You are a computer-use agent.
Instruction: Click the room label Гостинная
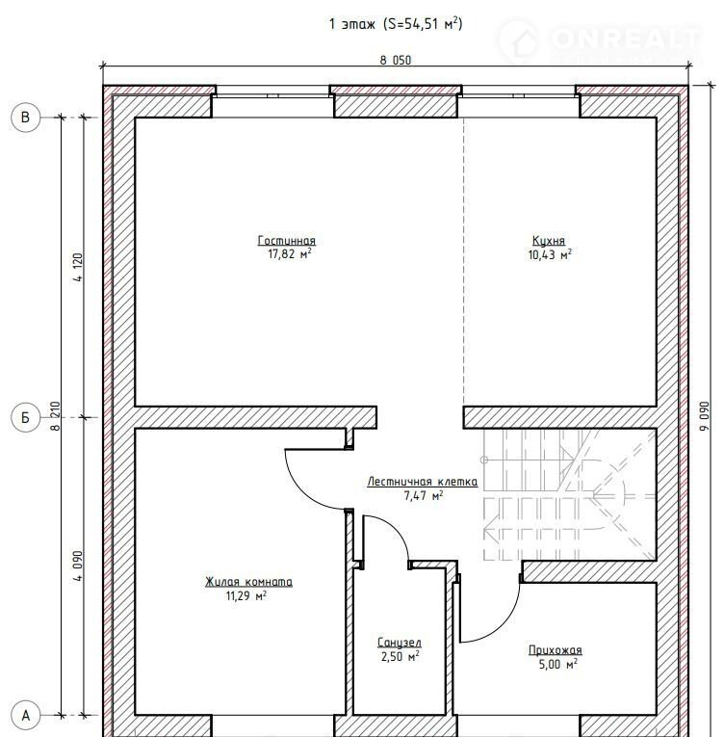[x=287, y=240]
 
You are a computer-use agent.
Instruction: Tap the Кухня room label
[x=549, y=240]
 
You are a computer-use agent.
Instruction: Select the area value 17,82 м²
[x=290, y=254]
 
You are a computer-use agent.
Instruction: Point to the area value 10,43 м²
[x=550, y=254]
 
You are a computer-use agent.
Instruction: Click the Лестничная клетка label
[x=423, y=482]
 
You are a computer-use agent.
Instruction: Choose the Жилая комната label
[x=248, y=582]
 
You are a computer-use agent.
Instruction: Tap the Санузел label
[x=400, y=642]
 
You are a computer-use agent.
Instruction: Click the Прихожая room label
[x=556, y=650]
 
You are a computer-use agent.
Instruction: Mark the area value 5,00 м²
[x=558, y=664]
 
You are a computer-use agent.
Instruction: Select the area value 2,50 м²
[x=401, y=657]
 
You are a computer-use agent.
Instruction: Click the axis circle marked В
[x=25, y=117]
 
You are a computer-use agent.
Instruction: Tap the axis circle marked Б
[x=25, y=417]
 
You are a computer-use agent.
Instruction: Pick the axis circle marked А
[x=25, y=716]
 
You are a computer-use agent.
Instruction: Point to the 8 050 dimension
[x=395, y=60]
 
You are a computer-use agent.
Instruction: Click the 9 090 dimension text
[x=705, y=416]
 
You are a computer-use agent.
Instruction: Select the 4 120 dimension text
[x=78, y=268]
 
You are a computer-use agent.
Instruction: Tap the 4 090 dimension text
[x=78, y=566]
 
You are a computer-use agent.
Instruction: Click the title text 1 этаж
[x=352, y=23]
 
